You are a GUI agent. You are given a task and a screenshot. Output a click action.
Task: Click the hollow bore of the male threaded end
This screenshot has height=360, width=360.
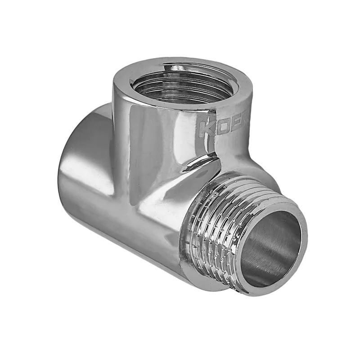point(270,247)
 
